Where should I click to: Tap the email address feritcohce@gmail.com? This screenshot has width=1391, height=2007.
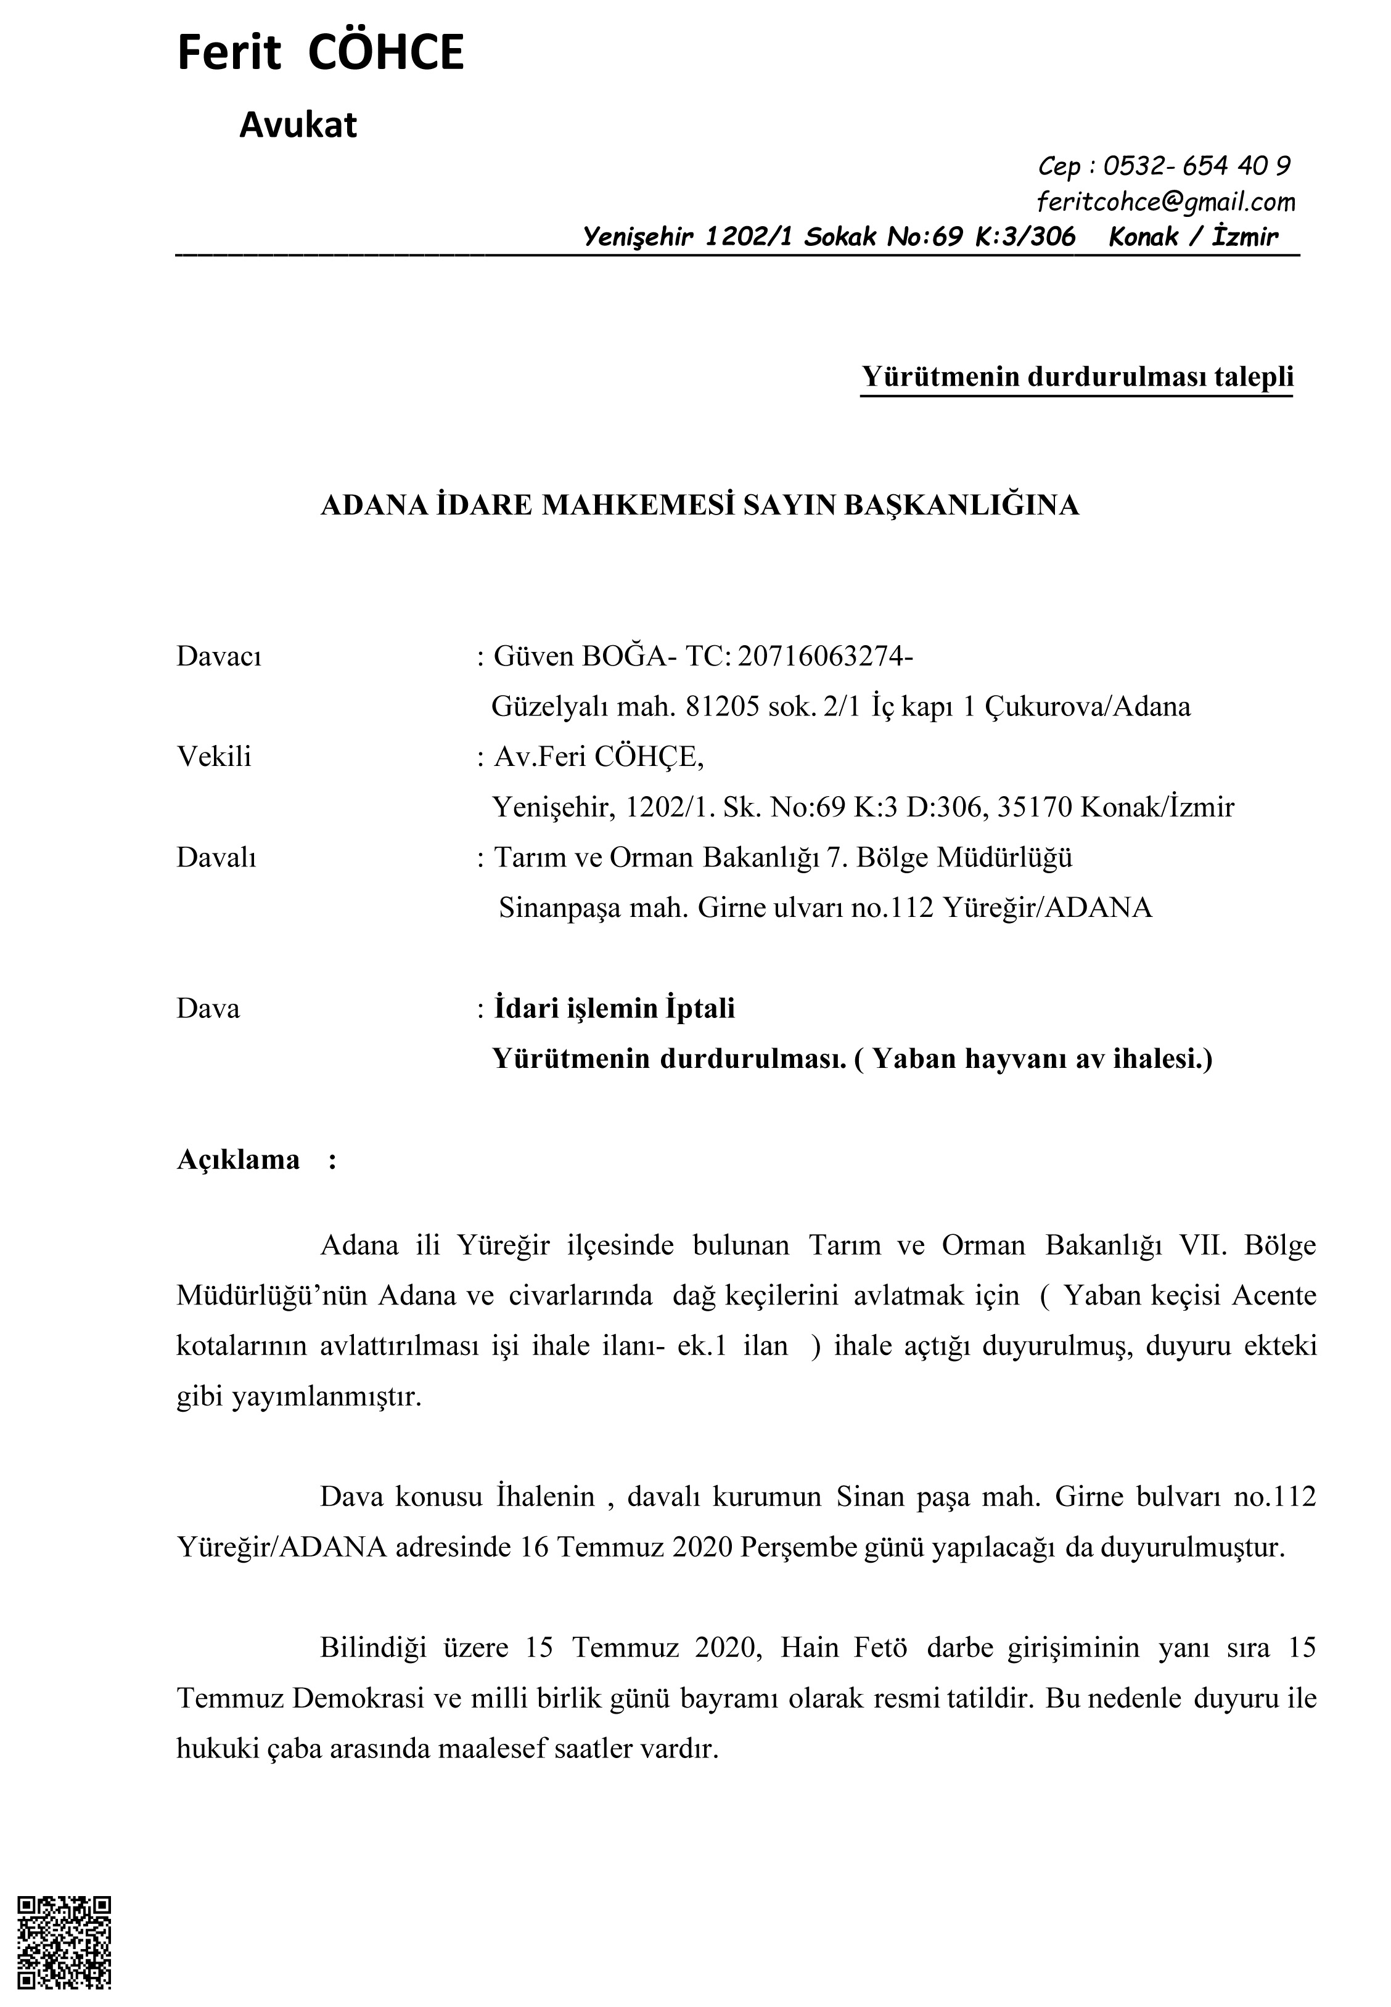click(x=1165, y=202)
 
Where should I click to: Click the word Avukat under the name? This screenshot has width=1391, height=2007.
click(x=298, y=126)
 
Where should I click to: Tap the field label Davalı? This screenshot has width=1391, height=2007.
click(x=216, y=857)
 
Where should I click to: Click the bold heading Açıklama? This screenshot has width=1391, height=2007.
click(x=238, y=1160)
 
